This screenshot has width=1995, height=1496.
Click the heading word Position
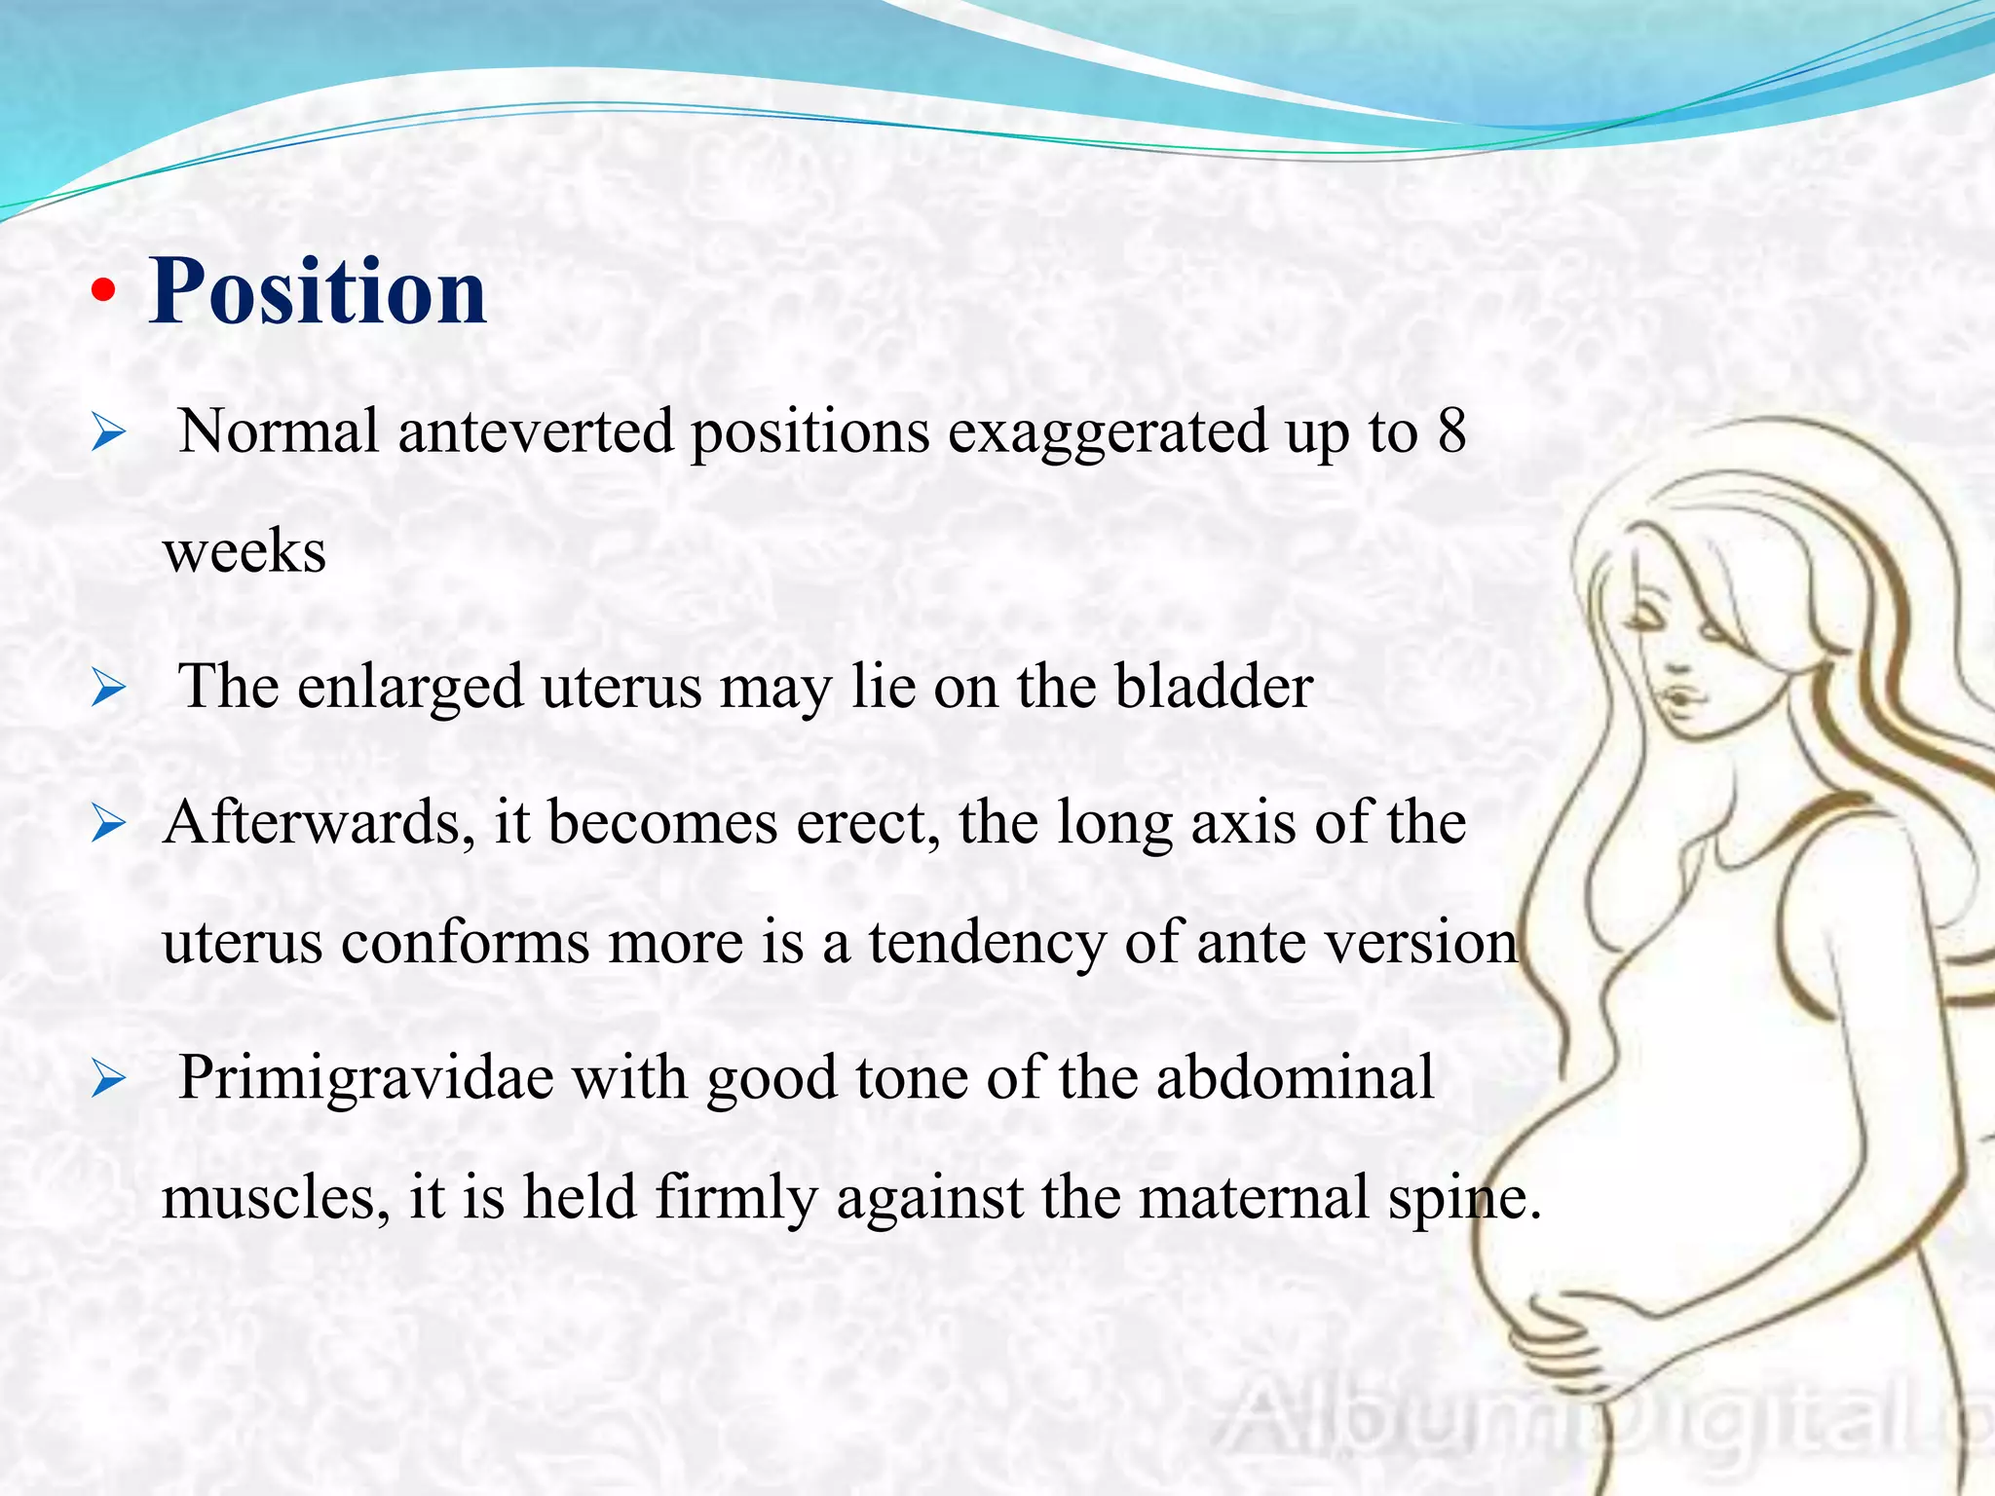[x=318, y=291]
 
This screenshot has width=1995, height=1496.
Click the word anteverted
[x=535, y=431]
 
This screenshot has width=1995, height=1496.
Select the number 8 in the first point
[x=1451, y=431]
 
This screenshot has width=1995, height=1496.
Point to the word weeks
[x=244, y=551]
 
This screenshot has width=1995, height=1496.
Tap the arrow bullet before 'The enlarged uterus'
[x=108, y=689]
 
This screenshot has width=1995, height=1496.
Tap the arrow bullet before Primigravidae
[x=108, y=1080]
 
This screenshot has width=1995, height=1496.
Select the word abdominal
[x=1295, y=1078]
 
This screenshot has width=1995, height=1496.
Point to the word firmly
[x=735, y=1198]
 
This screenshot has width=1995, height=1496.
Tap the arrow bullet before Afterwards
[x=108, y=825]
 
